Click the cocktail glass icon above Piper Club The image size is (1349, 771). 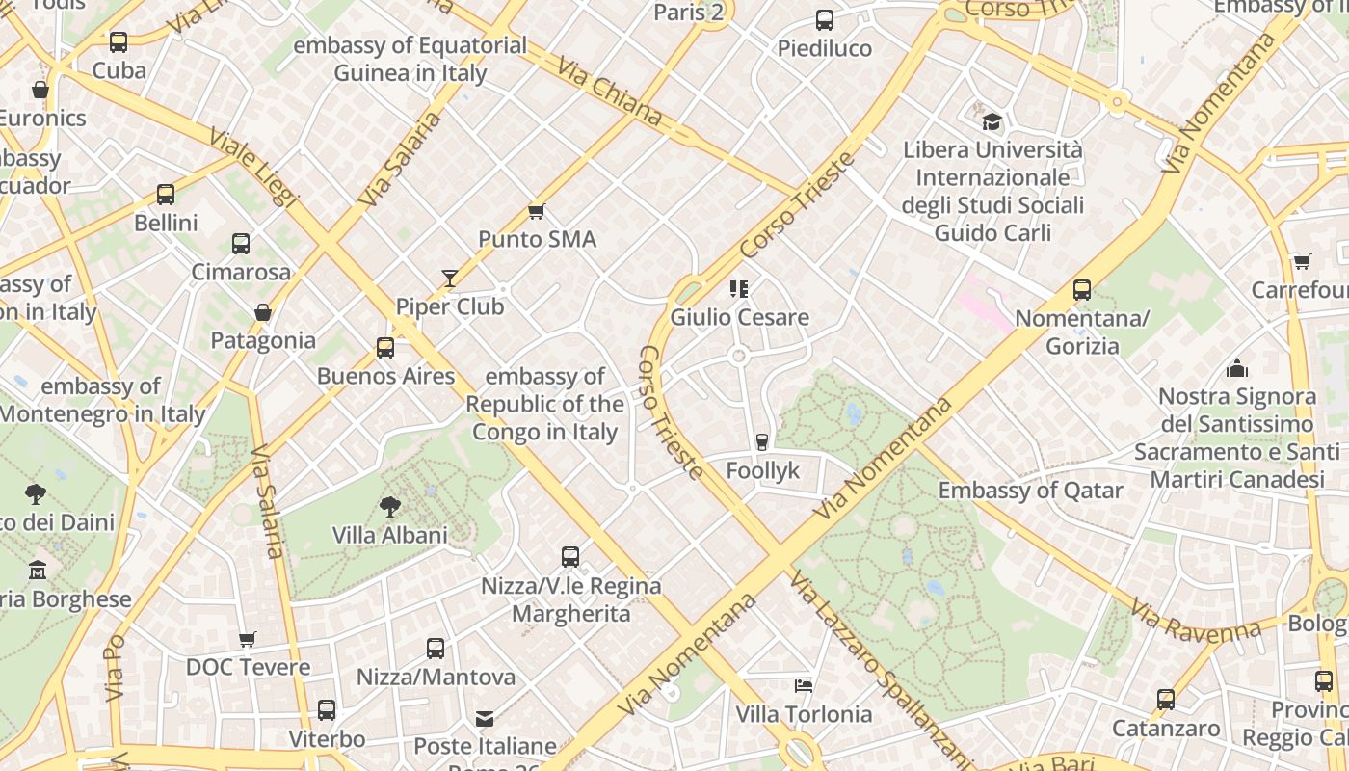click(x=449, y=279)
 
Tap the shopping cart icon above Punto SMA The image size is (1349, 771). click(x=537, y=211)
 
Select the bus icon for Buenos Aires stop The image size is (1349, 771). click(x=385, y=348)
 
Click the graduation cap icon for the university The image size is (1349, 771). click(x=992, y=122)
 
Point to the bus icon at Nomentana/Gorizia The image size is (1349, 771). click(x=1082, y=290)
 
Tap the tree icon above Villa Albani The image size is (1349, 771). click(x=390, y=507)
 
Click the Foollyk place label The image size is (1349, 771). click(x=763, y=470)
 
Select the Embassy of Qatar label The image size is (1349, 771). click(x=1030, y=491)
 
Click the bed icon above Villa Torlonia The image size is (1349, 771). click(x=804, y=686)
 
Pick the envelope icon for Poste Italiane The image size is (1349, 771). click(x=485, y=719)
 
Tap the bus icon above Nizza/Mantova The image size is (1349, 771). click(x=436, y=649)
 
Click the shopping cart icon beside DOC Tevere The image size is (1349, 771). click(x=248, y=639)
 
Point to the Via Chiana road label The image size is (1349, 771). click(x=609, y=91)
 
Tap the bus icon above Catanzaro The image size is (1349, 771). click(x=1166, y=700)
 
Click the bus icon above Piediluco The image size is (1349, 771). click(x=825, y=20)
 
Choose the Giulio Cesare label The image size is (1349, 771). click(x=739, y=317)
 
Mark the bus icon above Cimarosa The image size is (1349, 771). click(x=241, y=244)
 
